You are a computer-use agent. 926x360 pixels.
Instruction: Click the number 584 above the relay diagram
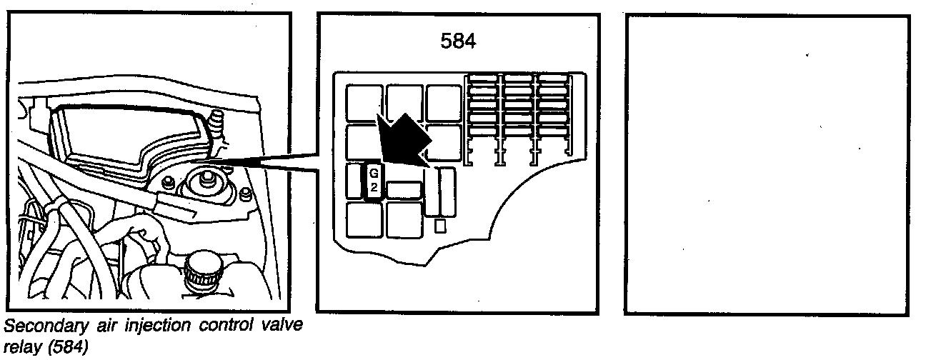[x=457, y=41]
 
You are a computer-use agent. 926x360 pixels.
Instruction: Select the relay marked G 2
[x=374, y=183]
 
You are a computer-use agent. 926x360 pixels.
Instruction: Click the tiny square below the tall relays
[x=440, y=226]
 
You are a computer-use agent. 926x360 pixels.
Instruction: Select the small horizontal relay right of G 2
[x=404, y=190]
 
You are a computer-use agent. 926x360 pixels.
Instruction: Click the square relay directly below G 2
[x=364, y=220]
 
